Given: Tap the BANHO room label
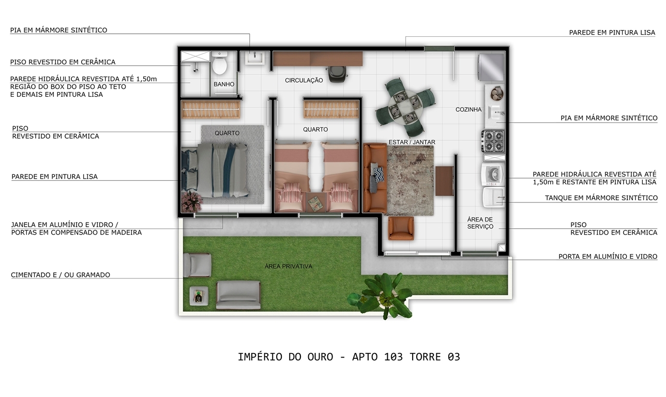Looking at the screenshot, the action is [x=224, y=84].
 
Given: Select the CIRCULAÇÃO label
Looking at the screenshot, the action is [x=304, y=80].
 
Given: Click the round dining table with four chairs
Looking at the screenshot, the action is [x=405, y=108].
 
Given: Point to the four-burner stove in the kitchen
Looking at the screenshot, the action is [x=493, y=141].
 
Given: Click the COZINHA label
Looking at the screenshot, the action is [x=468, y=110].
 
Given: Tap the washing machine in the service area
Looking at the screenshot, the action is [x=493, y=174].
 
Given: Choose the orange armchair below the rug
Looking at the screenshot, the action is [x=401, y=228].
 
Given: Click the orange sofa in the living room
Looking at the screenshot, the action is [x=375, y=178].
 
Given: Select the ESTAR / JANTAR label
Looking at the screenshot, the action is [x=412, y=142].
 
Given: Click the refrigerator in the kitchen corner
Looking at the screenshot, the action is [x=491, y=68].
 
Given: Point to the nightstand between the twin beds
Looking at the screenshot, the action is [x=316, y=202].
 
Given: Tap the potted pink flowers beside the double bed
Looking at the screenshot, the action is [x=192, y=201].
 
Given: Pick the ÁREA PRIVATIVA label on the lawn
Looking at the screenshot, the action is [x=289, y=267].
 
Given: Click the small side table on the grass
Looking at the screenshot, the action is [x=199, y=296].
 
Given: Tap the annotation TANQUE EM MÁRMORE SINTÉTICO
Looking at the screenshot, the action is [x=601, y=198].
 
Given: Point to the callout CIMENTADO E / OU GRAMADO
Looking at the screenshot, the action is [x=60, y=275].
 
